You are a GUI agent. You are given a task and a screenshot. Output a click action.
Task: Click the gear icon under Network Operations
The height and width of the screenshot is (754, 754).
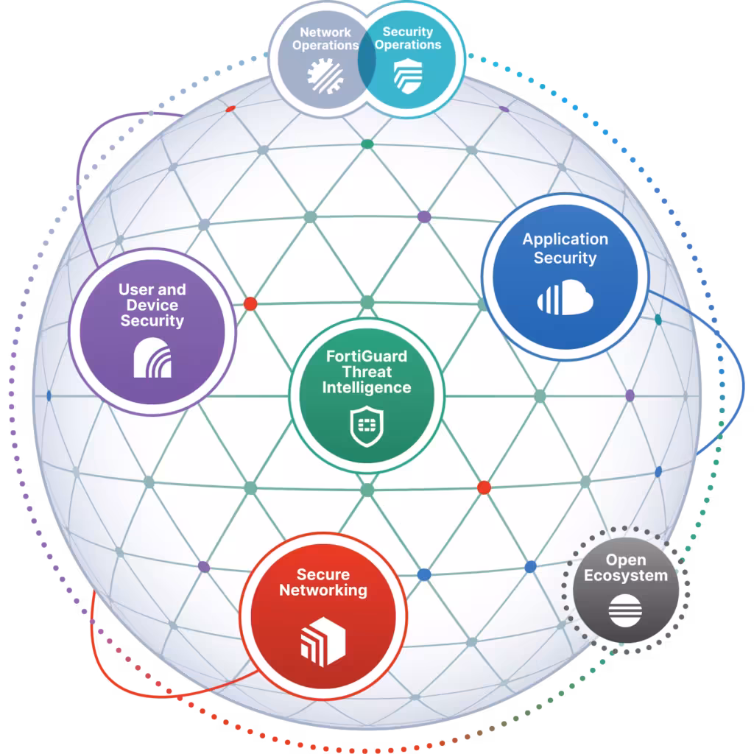(325, 76)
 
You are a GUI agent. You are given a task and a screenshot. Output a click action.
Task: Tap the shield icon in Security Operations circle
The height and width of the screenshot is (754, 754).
(408, 76)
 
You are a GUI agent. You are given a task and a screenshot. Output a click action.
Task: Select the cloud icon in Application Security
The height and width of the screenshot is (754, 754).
(565, 297)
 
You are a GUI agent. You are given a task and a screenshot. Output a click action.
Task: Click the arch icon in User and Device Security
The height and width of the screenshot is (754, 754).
(152, 358)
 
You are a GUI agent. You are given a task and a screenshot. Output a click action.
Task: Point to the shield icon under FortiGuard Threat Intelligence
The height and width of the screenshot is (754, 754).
(367, 426)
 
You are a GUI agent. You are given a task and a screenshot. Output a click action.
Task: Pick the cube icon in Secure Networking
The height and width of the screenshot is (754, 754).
(323, 641)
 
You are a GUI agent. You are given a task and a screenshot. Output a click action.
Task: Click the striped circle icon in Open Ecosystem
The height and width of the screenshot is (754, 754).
(625, 610)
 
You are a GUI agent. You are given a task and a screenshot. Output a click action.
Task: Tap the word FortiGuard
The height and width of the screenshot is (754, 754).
(367, 356)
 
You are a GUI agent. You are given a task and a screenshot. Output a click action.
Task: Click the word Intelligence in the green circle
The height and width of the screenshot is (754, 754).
(367, 387)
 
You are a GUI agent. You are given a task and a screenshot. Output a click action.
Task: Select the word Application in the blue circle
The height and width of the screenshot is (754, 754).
(565, 239)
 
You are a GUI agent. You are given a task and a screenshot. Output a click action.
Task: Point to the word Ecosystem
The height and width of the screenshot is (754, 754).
(626, 576)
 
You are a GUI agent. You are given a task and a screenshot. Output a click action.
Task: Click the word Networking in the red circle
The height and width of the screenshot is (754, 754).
(323, 590)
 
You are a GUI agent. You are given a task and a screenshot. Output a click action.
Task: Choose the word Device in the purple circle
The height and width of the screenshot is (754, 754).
(152, 305)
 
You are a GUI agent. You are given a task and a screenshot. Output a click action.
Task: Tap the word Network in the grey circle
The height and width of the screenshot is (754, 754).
(325, 32)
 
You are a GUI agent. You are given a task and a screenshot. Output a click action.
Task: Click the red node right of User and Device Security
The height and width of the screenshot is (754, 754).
(250, 304)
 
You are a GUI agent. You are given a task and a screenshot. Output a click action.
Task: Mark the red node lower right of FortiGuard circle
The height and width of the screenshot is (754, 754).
(484, 487)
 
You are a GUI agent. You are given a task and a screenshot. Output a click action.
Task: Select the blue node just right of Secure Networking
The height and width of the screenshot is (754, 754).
(424, 574)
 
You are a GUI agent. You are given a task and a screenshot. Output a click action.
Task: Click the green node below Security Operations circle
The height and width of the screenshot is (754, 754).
(367, 144)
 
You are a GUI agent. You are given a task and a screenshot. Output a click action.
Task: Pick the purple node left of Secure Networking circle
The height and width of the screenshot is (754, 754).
(204, 567)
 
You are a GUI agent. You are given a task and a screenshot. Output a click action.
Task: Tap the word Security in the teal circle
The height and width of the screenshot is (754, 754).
(408, 32)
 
